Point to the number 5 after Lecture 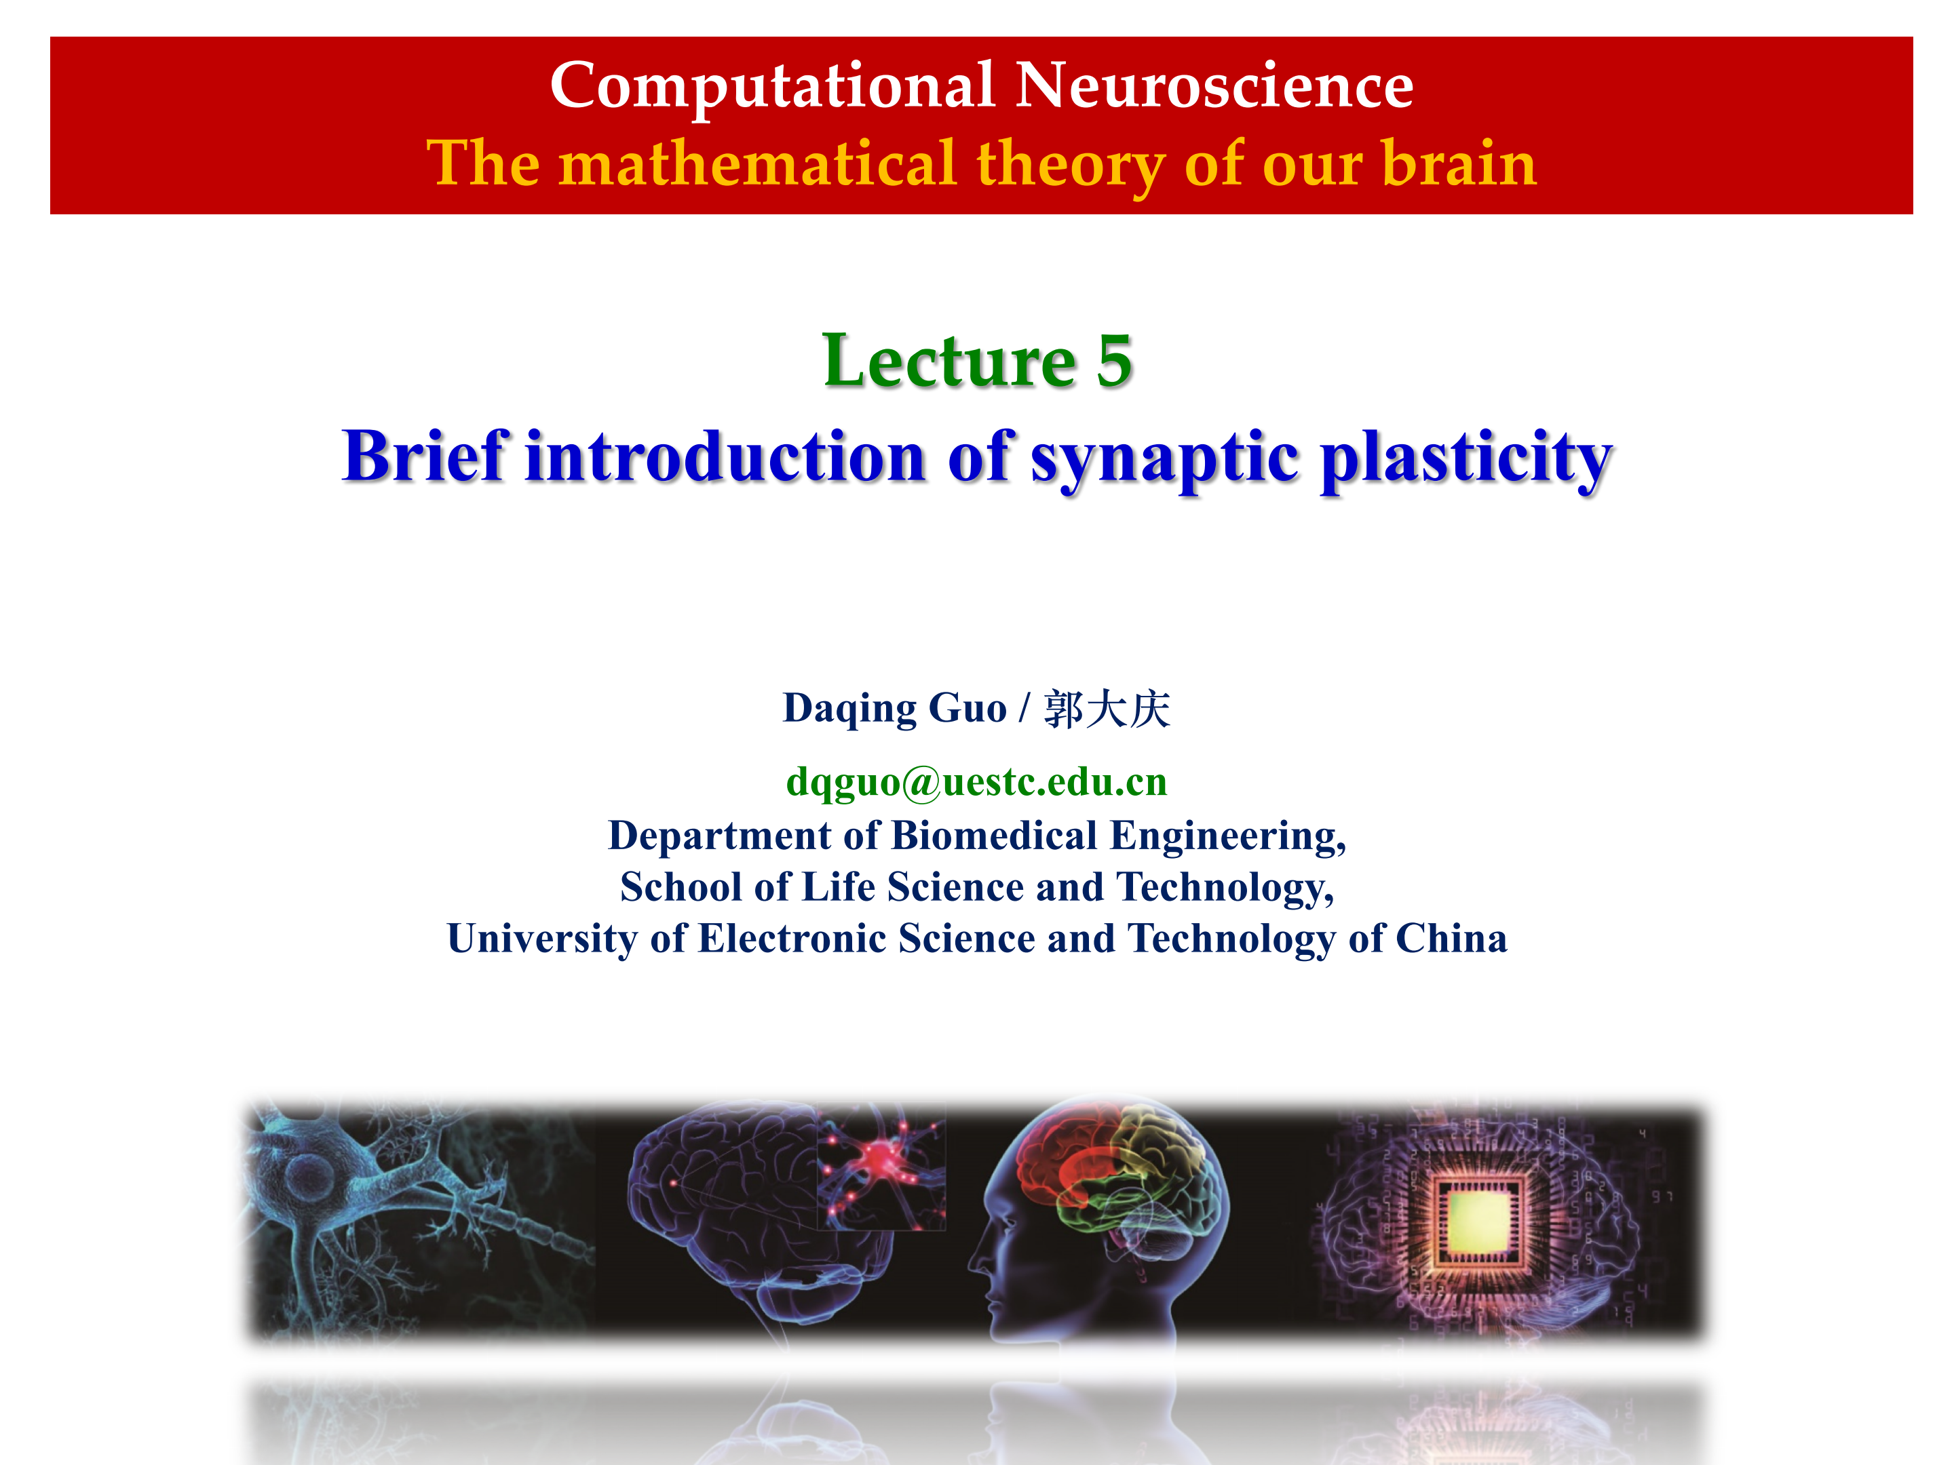(x=1114, y=362)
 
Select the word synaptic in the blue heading (x=1165, y=459)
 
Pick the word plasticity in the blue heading (x=1466, y=459)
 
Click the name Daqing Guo (x=895, y=709)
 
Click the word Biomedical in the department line (x=994, y=836)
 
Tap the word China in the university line (x=1451, y=938)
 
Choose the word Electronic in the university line (x=792, y=938)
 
